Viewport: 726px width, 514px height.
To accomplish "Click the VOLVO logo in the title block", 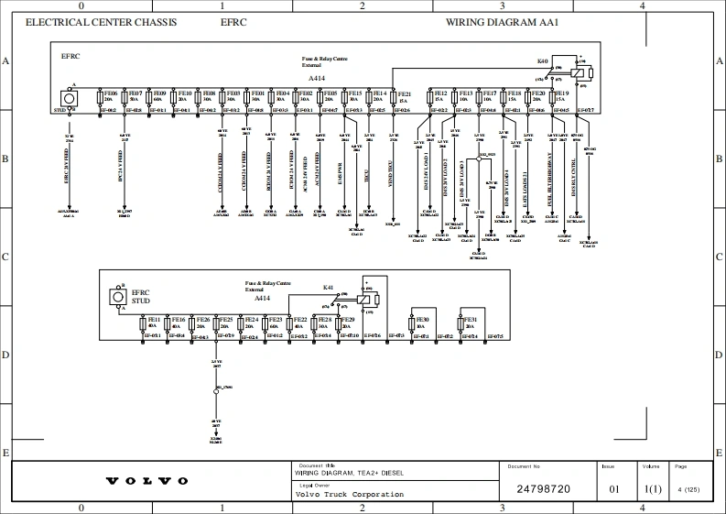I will click(x=146, y=481).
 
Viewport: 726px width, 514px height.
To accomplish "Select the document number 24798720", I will click(x=544, y=489).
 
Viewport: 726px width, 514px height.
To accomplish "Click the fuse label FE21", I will click(x=405, y=93).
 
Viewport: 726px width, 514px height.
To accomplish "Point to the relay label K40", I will click(x=542, y=61).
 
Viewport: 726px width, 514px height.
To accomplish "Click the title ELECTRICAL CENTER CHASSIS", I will click(x=101, y=22).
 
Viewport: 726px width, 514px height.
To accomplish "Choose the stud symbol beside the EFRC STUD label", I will click(x=117, y=296).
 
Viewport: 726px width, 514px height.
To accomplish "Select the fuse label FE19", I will click(x=561, y=93).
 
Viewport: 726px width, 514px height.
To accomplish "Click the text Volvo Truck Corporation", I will click(x=349, y=495).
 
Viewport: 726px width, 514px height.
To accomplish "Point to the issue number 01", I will click(x=614, y=489).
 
